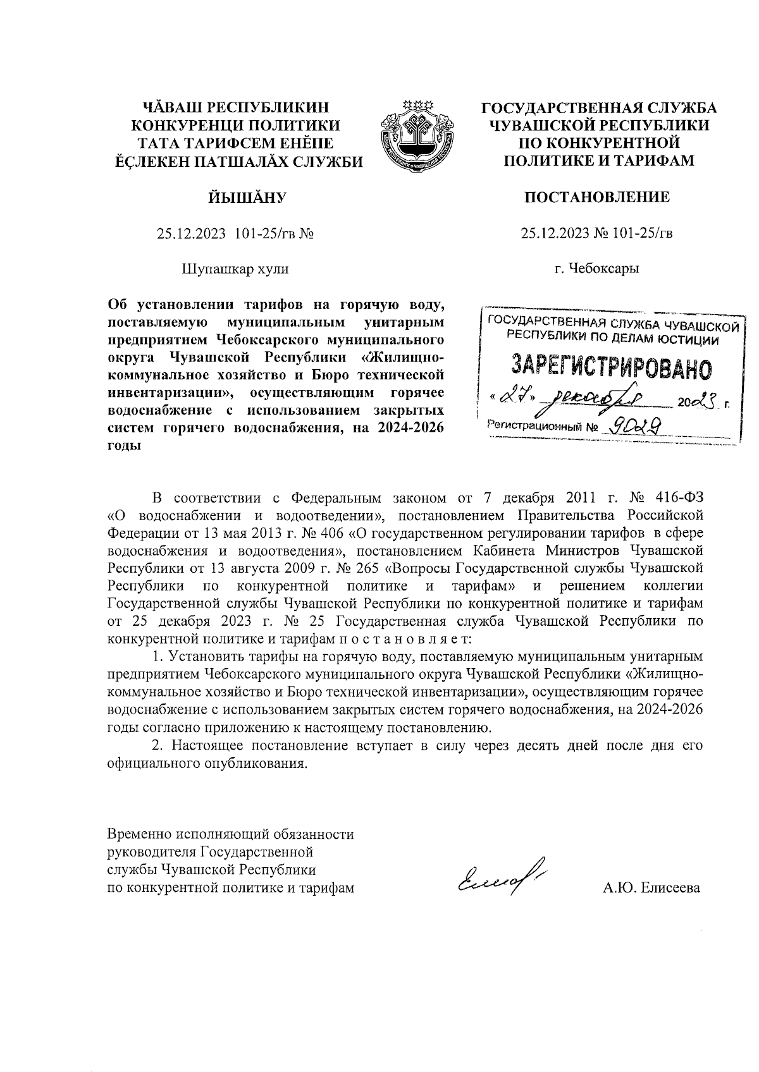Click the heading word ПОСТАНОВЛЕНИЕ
click(596, 197)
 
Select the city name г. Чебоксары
click(596, 269)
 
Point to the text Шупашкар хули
click(235, 269)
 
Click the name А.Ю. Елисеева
click(652, 888)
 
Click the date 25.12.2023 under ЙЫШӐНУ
click(191, 234)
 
